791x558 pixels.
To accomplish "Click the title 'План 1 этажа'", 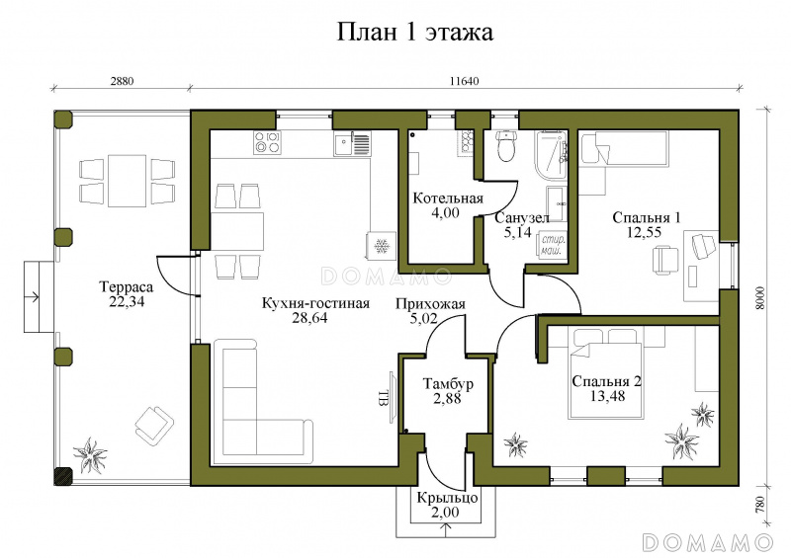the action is pyautogui.click(x=414, y=33).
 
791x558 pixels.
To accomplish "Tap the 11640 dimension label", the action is pyautogui.click(x=464, y=81).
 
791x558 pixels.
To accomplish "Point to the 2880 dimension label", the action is pyautogui.click(x=122, y=81).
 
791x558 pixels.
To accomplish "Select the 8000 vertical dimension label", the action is pyautogui.click(x=760, y=299).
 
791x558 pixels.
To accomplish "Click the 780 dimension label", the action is pyautogui.click(x=760, y=505).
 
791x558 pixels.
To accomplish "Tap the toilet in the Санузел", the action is pyautogui.click(x=505, y=145).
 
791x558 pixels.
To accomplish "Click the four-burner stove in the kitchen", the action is pyautogui.click(x=267, y=142).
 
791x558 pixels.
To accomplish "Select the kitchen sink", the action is pyautogui.click(x=352, y=143).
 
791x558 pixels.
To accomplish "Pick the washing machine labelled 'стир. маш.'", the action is pyautogui.click(x=553, y=245).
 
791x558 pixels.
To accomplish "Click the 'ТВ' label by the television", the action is pyautogui.click(x=383, y=398).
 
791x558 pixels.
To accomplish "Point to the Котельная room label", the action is pyautogui.click(x=448, y=199).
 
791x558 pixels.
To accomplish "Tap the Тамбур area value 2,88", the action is pyautogui.click(x=448, y=399).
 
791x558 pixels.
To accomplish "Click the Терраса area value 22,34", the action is pyautogui.click(x=128, y=301).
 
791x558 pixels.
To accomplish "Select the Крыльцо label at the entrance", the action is pyautogui.click(x=448, y=498).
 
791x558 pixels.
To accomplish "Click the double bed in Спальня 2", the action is pyautogui.click(x=605, y=373).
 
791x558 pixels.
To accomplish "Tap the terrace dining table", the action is pyautogui.click(x=128, y=181).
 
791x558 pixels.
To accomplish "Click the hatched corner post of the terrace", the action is pyautogui.click(x=63, y=476).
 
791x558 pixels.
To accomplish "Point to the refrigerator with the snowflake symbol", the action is pyautogui.click(x=382, y=246).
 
